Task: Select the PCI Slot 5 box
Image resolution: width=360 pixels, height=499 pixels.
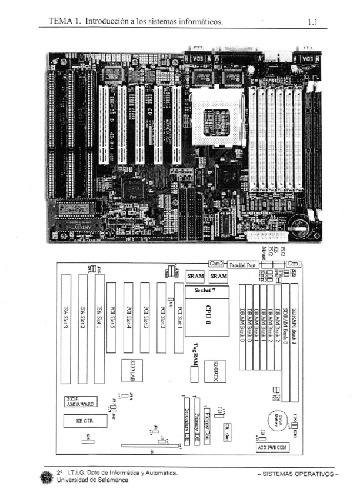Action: pyautogui.click(x=111, y=318)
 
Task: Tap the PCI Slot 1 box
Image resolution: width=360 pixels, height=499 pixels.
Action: pyautogui.click(x=178, y=318)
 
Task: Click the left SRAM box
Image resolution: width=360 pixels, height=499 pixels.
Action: pyautogui.click(x=195, y=276)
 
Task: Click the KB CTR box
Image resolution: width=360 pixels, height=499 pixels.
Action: pyautogui.click(x=85, y=421)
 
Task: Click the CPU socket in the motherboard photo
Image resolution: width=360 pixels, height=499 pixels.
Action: pyautogui.click(x=213, y=120)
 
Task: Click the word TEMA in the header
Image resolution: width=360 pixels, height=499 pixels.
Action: pyautogui.click(x=60, y=22)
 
